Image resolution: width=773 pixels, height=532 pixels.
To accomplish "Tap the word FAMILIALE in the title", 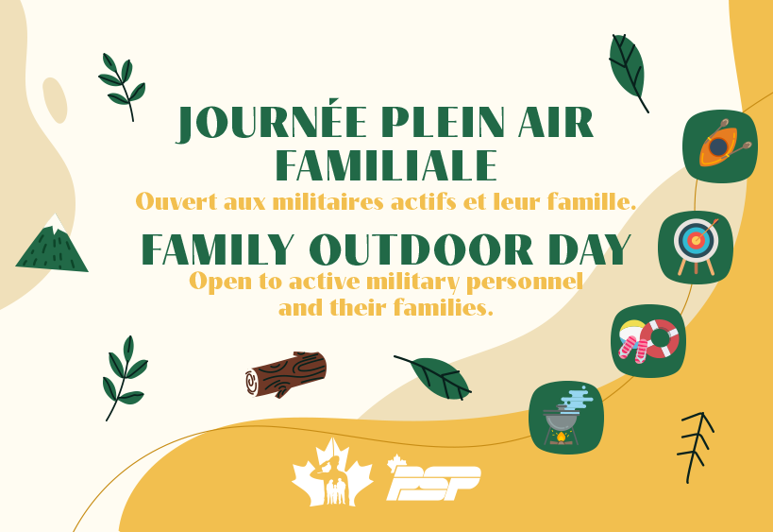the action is (x=386, y=164).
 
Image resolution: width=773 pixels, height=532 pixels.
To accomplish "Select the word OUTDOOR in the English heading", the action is (x=421, y=249).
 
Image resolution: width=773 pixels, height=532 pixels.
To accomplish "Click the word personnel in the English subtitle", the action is (x=524, y=283).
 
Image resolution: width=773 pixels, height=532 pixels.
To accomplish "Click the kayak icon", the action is (x=720, y=146).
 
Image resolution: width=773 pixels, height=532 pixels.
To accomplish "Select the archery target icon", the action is (x=696, y=248).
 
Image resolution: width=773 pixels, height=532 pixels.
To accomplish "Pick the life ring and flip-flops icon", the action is (x=648, y=340).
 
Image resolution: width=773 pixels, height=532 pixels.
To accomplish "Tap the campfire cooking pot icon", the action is (x=566, y=418).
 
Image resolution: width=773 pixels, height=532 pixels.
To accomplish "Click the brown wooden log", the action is (x=286, y=374).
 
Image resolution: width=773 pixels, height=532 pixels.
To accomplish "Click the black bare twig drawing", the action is (x=695, y=447).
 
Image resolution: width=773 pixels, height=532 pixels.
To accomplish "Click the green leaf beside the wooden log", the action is (x=436, y=377).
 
